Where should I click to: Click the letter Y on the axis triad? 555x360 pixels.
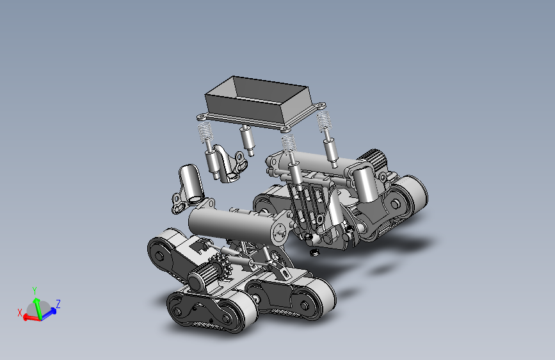click(x=35, y=291)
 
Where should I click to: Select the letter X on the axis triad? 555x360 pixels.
click(x=20, y=313)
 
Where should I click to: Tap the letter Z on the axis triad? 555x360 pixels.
click(x=58, y=304)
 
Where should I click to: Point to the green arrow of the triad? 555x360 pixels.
click(x=38, y=308)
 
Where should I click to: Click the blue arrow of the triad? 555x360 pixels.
click(x=49, y=313)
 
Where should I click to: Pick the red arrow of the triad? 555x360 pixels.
click(x=32, y=318)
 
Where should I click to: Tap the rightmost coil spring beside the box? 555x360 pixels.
click(x=323, y=122)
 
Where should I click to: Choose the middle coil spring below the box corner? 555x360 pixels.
click(x=289, y=143)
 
